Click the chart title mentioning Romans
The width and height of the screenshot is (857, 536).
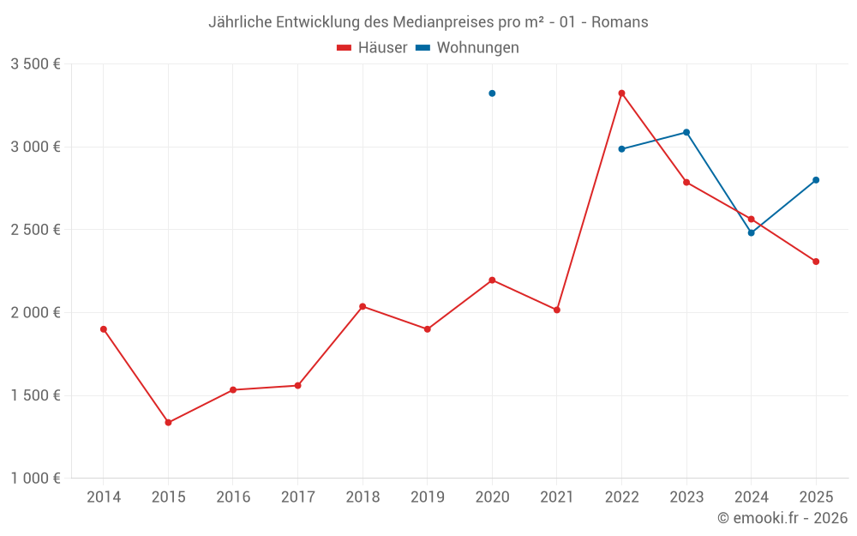click(x=428, y=21)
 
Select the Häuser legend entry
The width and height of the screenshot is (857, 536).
click(x=372, y=48)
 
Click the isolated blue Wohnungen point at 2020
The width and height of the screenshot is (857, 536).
click(x=492, y=93)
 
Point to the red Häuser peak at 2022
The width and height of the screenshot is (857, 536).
click(x=621, y=93)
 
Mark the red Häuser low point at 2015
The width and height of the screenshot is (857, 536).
click(x=168, y=423)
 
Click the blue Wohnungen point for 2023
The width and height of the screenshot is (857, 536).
click(x=686, y=133)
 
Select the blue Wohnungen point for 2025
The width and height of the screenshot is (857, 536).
click(x=816, y=180)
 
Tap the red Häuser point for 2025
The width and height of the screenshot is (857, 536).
click(x=816, y=262)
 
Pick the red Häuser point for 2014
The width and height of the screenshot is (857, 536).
click(x=104, y=329)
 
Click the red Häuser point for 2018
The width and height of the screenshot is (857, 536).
click(x=363, y=306)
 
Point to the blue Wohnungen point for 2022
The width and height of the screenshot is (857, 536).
click(x=621, y=149)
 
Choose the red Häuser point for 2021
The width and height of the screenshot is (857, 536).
click(x=557, y=310)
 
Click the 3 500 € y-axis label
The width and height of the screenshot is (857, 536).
click(x=35, y=64)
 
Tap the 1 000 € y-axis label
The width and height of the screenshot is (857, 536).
click(x=35, y=479)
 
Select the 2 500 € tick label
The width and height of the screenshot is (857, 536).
click(x=35, y=230)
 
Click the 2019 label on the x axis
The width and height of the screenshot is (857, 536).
click(x=427, y=497)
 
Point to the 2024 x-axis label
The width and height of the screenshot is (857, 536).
click(x=751, y=497)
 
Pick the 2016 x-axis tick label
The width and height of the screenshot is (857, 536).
click(x=233, y=497)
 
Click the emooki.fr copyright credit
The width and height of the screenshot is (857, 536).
click(x=782, y=518)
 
